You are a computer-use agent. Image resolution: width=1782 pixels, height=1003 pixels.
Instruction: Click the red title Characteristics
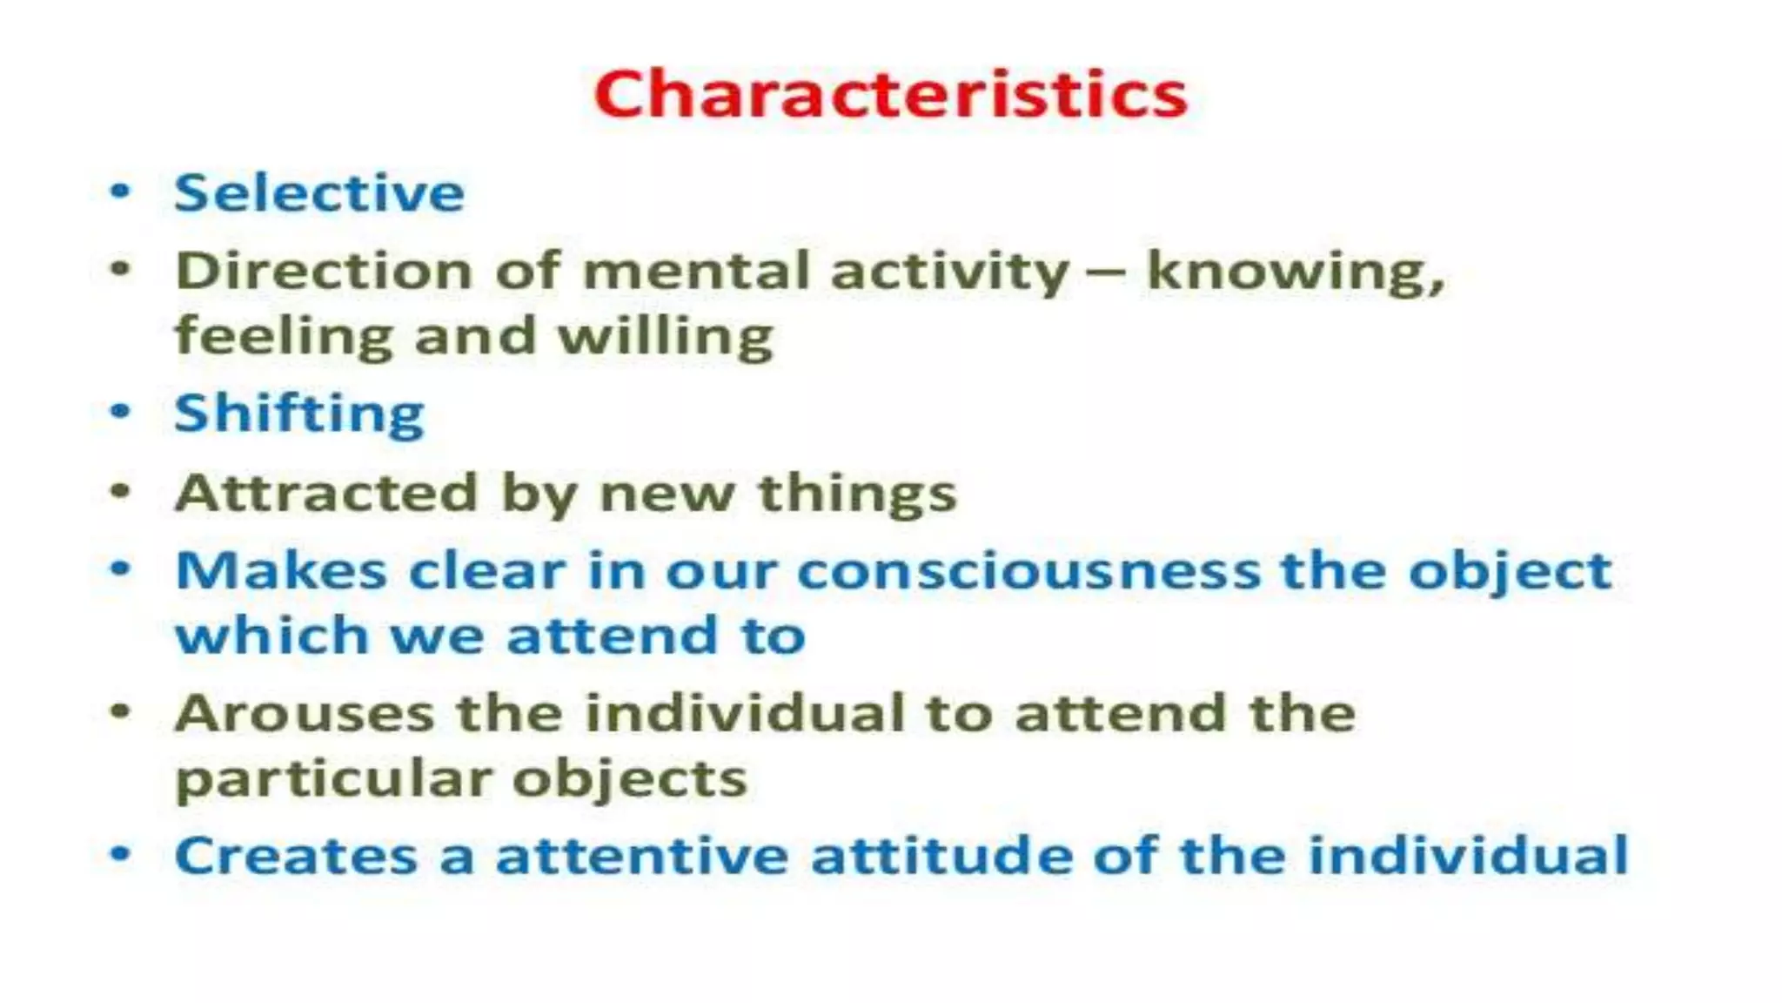(890, 93)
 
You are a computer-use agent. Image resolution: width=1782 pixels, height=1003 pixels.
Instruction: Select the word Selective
(319, 192)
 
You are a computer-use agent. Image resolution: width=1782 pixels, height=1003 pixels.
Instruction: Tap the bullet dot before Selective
(120, 191)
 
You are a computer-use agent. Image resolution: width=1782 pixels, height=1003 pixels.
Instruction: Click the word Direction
(324, 271)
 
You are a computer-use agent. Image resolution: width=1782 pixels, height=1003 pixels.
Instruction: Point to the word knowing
(1295, 273)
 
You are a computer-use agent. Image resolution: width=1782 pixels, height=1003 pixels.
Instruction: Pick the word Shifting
(299, 414)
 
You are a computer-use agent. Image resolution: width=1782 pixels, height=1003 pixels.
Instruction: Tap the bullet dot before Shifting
(120, 411)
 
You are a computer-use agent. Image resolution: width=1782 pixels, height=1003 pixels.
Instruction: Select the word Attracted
(326, 493)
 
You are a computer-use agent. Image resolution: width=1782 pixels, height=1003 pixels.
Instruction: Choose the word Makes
(281, 571)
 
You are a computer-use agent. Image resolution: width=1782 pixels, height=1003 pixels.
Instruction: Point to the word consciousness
(1028, 572)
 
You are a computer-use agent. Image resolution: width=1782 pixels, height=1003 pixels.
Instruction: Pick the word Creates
(296, 856)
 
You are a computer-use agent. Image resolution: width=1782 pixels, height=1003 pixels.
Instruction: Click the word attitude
(941, 855)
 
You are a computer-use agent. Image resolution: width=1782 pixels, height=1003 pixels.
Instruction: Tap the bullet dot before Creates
(120, 854)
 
